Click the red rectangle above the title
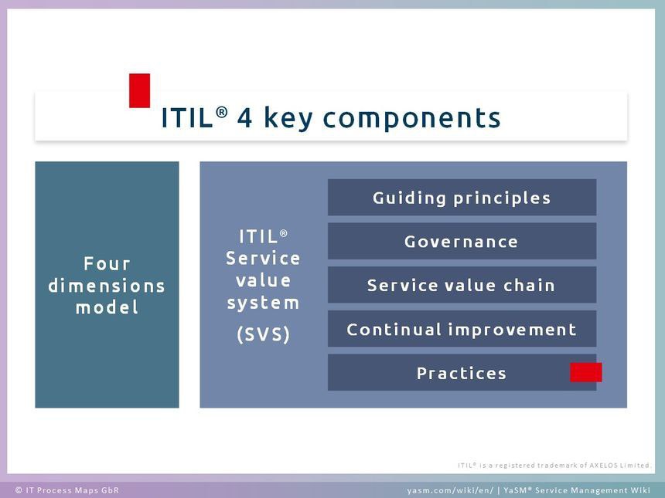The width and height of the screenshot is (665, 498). pyautogui.click(x=139, y=90)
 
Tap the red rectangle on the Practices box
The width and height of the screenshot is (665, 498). pyautogui.click(x=585, y=372)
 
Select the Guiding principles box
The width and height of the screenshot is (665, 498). pyautogui.click(x=462, y=198)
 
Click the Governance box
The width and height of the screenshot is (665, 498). pyautogui.click(x=462, y=241)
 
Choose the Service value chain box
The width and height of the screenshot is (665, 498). pyautogui.click(x=462, y=285)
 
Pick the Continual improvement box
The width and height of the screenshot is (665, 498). pyautogui.click(x=462, y=329)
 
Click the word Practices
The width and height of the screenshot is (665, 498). pyautogui.click(x=462, y=373)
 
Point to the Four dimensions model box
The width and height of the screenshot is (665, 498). pyautogui.click(x=107, y=285)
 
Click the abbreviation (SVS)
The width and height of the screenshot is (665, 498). pyautogui.click(x=264, y=334)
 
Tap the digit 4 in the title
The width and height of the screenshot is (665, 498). pyautogui.click(x=244, y=117)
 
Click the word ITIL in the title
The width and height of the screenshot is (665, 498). pyautogui.click(x=187, y=117)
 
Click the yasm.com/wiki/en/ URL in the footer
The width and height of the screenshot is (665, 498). pyautogui.click(x=450, y=490)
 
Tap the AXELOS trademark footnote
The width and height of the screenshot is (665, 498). pyautogui.click(x=554, y=466)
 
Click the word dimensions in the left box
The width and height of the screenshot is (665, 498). pyautogui.click(x=107, y=286)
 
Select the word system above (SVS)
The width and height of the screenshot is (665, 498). pyautogui.click(x=263, y=303)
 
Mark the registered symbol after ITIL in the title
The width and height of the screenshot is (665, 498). pyautogui.click(x=221, y=112)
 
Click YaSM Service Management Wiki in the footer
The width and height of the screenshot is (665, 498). pyautogui.click(x=577, y=490)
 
